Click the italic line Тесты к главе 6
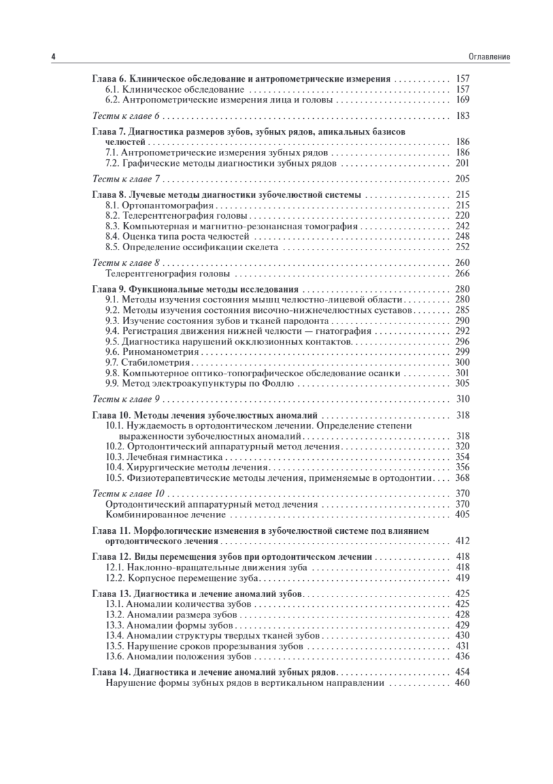[x=126, y=116]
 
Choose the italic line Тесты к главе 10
[x=129, y=493]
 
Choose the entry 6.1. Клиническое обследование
[x=175, y=89]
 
